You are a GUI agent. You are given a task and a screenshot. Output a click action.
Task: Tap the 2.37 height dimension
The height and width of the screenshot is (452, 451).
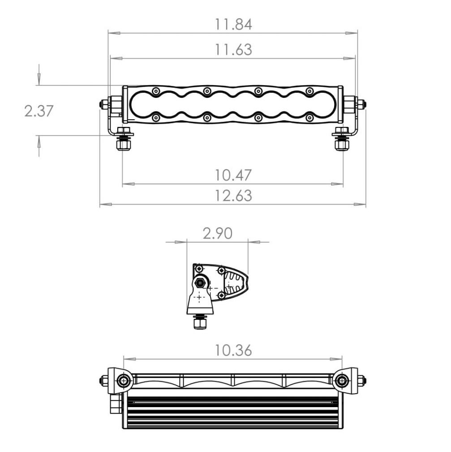point(39,111)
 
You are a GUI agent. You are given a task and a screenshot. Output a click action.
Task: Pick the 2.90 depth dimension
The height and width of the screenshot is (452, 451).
point(217,234)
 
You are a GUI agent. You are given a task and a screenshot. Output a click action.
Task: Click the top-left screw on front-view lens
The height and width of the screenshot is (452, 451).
point(155,91)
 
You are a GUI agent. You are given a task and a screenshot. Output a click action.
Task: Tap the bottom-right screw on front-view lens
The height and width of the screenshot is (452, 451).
point(309,118)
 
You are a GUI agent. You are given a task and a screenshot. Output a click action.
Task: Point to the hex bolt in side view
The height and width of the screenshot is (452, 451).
point(200,282)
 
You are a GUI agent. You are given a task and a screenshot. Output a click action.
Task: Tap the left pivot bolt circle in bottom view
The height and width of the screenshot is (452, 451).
point(123,381)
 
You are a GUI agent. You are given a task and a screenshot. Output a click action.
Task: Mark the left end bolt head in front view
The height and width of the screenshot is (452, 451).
point(103,104)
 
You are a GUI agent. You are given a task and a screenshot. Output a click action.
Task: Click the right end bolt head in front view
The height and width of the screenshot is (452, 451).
point(362,104)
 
